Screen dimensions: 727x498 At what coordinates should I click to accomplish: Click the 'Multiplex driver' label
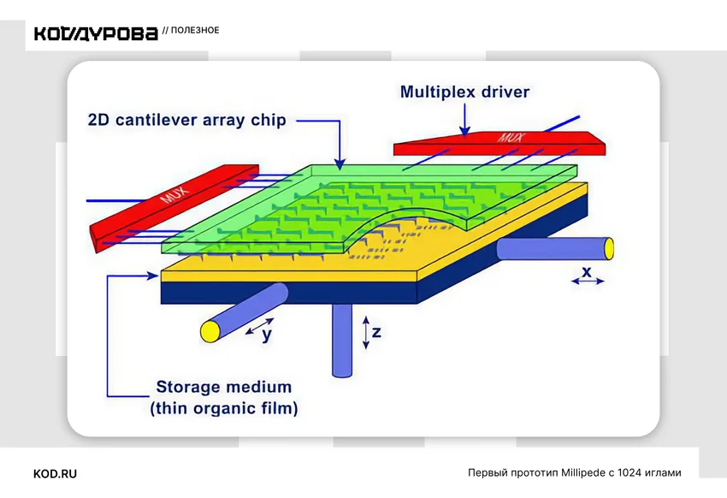464,92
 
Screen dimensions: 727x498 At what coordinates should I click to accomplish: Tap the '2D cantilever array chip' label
186,120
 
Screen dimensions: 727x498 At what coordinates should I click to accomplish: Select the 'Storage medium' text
224,387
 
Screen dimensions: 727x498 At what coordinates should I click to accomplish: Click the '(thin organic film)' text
224,408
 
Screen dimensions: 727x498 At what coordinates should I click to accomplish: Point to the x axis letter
587,271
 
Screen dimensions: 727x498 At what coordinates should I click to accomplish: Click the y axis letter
267,335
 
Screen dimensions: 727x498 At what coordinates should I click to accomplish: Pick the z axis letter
376,332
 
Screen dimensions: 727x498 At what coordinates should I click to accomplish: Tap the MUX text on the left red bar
174,194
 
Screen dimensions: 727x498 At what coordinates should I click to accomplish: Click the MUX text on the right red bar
511,137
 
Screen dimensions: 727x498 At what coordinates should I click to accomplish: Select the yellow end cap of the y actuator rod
210,331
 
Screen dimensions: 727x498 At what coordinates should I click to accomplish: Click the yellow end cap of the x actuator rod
609,248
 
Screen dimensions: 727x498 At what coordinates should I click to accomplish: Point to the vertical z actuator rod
342,340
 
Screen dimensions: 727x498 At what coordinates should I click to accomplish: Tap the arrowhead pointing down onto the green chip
340,163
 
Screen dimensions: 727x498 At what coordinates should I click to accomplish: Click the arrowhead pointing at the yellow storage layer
153,276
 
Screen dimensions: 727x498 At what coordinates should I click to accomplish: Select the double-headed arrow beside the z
366,333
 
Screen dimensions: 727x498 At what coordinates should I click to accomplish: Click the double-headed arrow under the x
588,281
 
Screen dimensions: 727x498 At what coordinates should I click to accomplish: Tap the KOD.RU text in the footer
56,474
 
